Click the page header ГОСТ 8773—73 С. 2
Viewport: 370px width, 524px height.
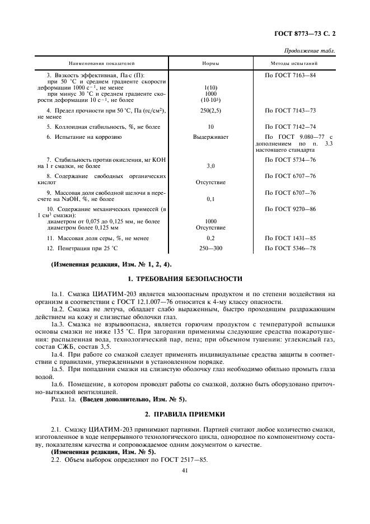click(307, 34)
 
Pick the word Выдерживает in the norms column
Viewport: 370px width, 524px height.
click(210, 137)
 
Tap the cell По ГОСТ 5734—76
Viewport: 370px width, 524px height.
click(290, 160)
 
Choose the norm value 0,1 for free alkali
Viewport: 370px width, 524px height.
click(210, 199)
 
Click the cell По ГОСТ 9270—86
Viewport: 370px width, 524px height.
click(290, 209)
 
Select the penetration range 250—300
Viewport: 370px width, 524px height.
click(210, 248)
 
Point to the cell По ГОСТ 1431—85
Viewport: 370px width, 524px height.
click(290, 238)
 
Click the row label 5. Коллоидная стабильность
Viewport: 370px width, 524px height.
click(96, 127)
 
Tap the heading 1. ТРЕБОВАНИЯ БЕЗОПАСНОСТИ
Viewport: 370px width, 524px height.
click(185, 278)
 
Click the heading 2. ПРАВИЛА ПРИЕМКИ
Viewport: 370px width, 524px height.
click(185, 414)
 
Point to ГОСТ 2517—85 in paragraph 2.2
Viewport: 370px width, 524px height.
click(182, 460)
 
